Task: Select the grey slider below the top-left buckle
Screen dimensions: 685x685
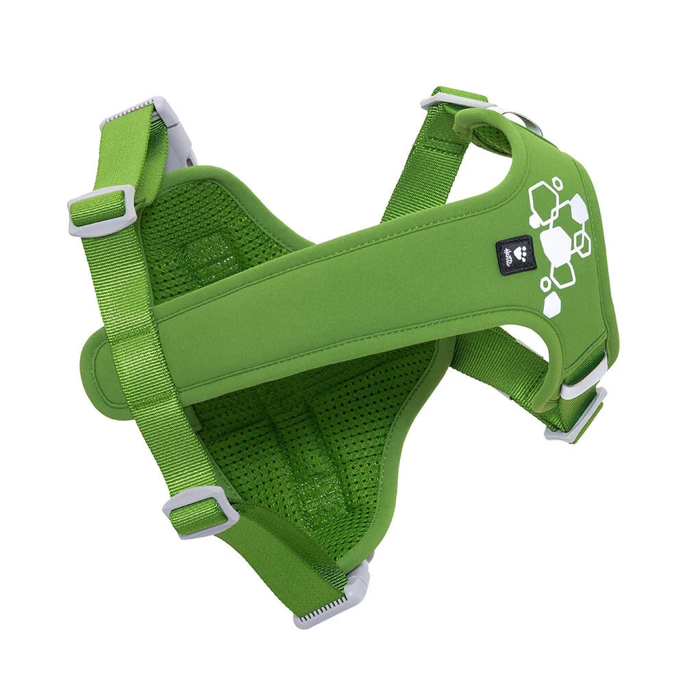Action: [101, 210]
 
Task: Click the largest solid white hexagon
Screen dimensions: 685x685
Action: [556, 243]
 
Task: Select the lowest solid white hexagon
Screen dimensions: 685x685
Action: [551, 305]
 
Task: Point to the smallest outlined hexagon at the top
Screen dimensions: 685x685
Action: [558, 183]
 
